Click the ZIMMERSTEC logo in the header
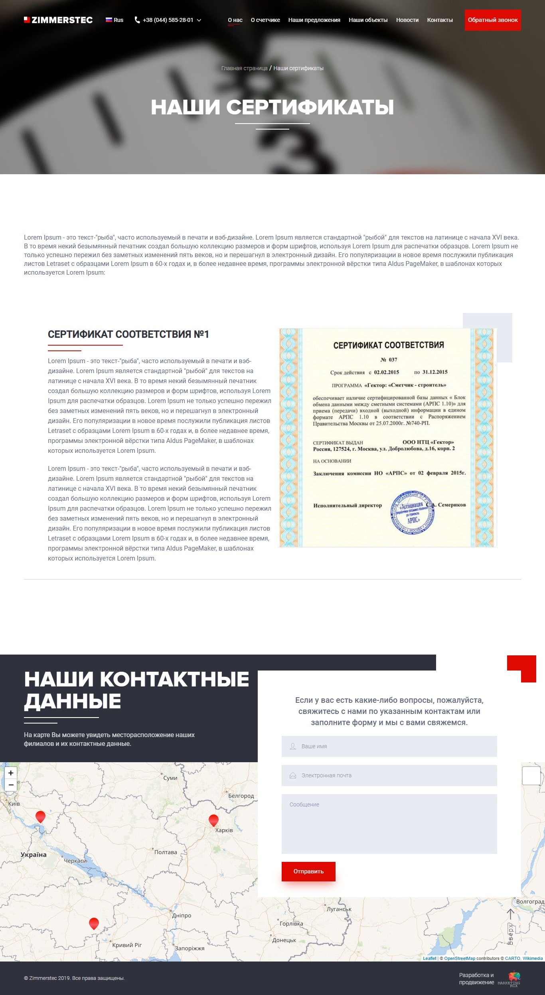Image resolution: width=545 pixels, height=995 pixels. [x=58, y=20]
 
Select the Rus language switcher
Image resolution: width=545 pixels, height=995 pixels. [x=115, y=20]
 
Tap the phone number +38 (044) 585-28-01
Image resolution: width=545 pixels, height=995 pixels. [x=168, y=20]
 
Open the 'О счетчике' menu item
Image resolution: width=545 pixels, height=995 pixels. [x=265, y=20]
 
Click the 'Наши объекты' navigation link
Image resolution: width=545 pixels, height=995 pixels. [x=368, y=20]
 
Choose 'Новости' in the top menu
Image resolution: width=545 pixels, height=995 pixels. [x=407, y=20]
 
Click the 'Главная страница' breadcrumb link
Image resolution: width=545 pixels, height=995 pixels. [x=244, y=68]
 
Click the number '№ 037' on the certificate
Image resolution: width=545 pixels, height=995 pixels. [x=389, y=360]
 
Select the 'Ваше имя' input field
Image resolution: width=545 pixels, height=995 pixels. [x=389, y=746]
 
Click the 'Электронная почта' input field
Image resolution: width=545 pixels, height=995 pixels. [x=389, y=775]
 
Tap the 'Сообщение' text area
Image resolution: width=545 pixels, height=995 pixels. [x=389, y=824]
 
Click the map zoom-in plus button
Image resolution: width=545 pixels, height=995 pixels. [x=11, y=773]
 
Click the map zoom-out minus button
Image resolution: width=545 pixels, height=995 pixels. [x=11, y=785]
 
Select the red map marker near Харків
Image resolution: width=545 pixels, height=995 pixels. [x=213, y=820]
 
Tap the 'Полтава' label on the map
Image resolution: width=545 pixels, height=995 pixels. [x=166, y=852]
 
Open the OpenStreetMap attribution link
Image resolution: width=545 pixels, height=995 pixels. [x=459, y=958]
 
